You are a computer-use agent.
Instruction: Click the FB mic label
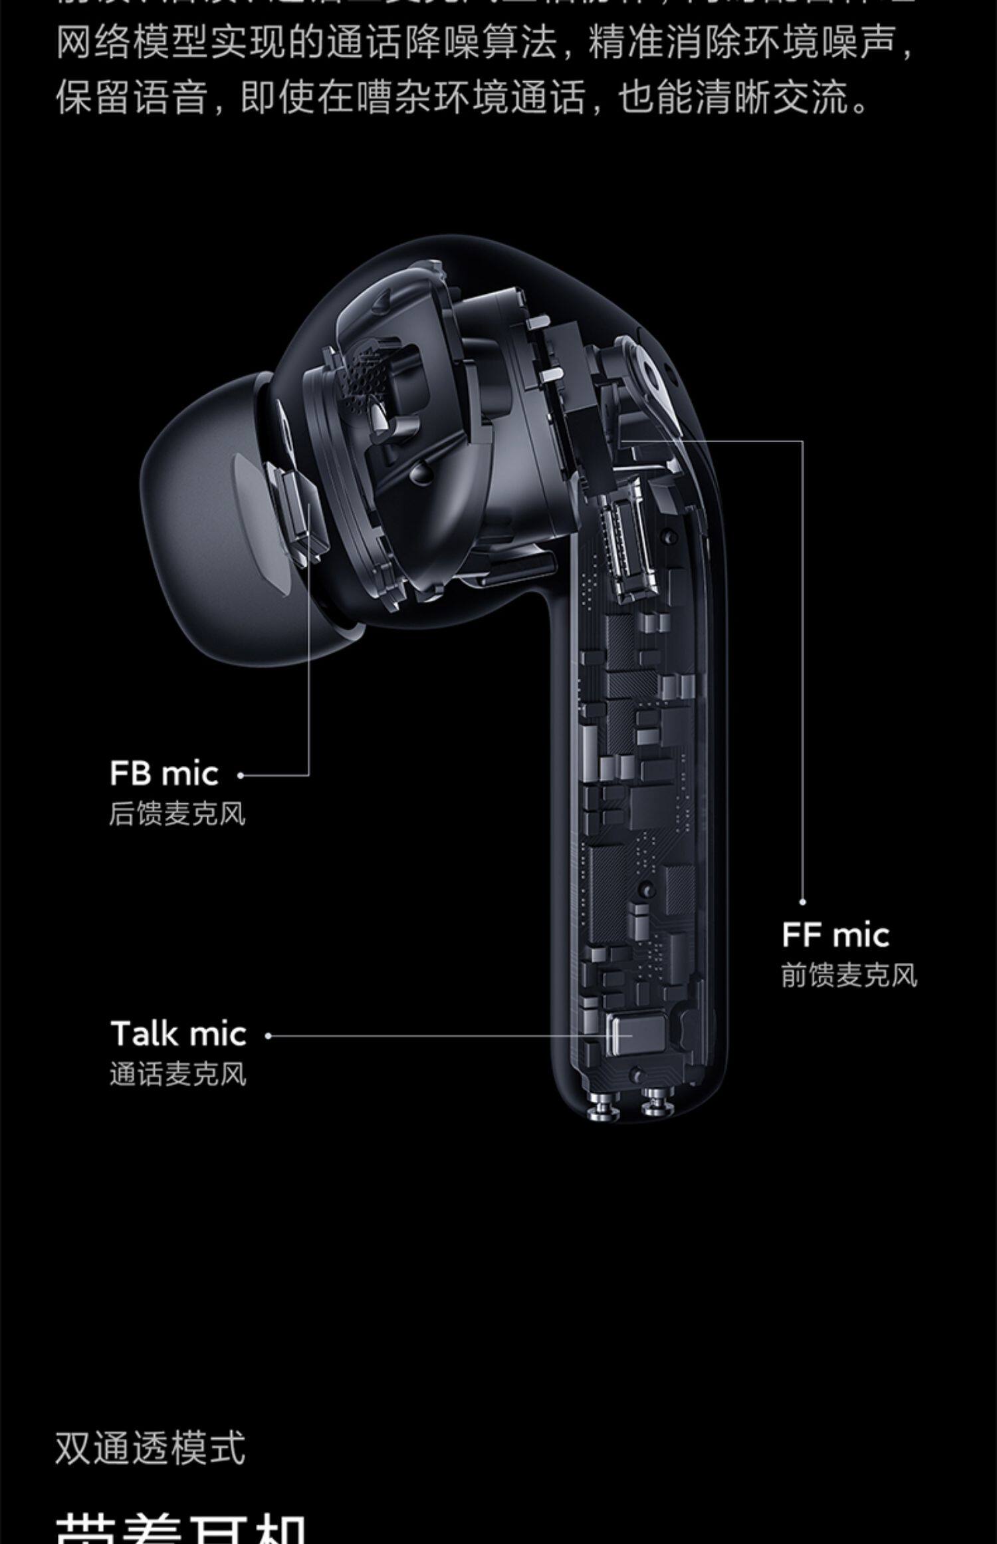pyautogui.click(x=164, y=774)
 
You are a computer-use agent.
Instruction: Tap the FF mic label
pyautogui.click(x=835, y=935)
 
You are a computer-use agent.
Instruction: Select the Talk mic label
pyautogui.click(x=178, y=1034)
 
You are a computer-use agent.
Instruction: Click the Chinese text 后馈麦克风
pyautogui.click(x=177, y=814)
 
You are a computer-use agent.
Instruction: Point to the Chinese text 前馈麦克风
pyautogui.click(x=849, y=975)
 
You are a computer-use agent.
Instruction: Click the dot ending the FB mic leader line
pyautogui.click(x=241, y=775)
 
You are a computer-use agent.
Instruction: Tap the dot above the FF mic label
pyautogui.click(x=802, y=902)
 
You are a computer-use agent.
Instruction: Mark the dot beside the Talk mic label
pyautogui.click(x=268, y=1035)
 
